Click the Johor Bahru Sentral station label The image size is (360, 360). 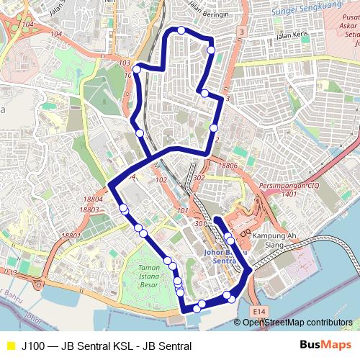pos(225,256)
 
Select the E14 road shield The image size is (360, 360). pos(260,311)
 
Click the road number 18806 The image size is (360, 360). pos(228,166)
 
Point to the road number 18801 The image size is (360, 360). pos(71,236)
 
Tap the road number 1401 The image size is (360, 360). pos(289,194)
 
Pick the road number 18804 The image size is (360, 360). pos(93,199)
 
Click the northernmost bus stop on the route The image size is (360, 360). pos(181,30)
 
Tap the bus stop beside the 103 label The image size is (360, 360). pos(136,69)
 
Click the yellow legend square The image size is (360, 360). pos(10,346)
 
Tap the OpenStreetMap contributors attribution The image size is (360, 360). pos(297,323)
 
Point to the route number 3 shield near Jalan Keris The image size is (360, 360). pos(241,32)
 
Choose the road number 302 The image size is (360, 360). pos(199,177)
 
